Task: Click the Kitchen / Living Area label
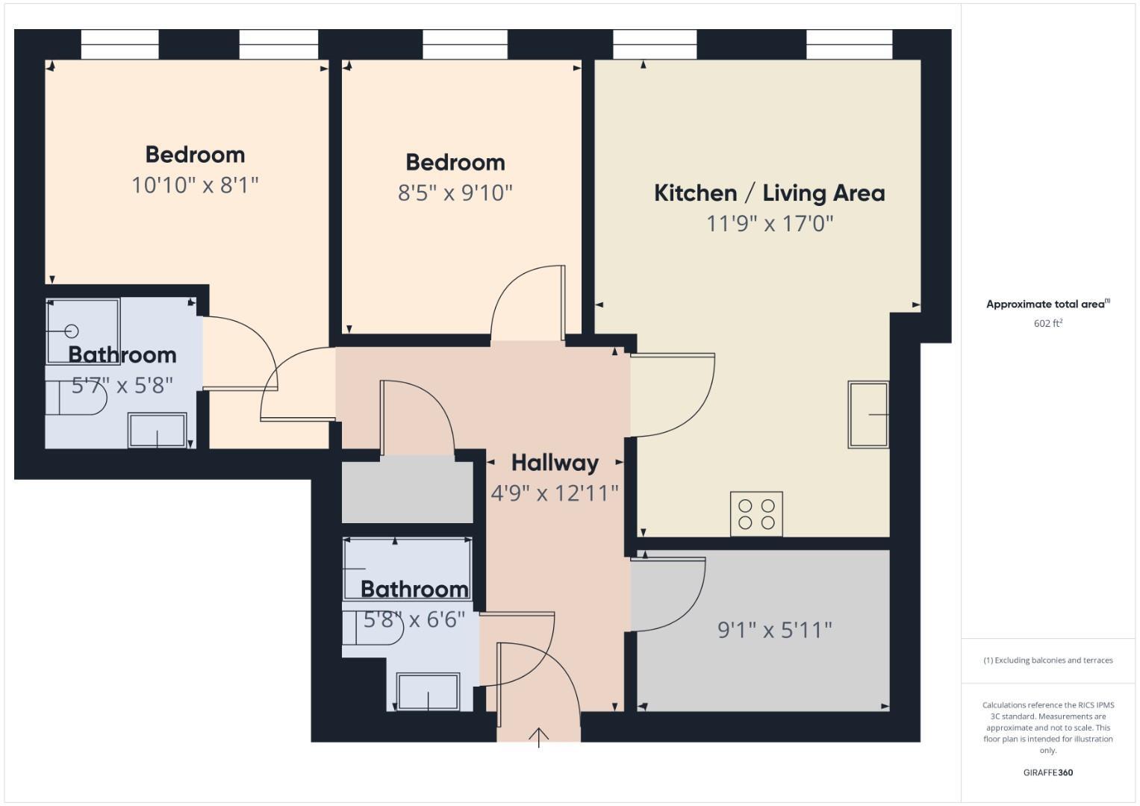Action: (x=769, y=193)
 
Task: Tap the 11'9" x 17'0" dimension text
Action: (x=769, y=223)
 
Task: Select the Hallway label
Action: (x=555, y=463)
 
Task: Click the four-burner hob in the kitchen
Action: (x=756, y=513)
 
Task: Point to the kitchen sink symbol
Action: (x=868, y=414)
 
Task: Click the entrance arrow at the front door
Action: (x=538, y=737)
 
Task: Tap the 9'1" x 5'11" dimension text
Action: (x=774, y=630)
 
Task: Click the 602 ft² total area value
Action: (x=1047, y=323)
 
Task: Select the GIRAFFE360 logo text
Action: (x=1047, y=772)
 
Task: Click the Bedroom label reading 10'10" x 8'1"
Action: (x=195, y=154)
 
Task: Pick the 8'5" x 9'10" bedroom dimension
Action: (x=455, y=193)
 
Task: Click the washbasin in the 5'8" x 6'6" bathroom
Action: (x=429, y=691)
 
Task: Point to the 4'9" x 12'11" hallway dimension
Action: (x=555, y=493)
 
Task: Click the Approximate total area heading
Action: (x=1047, y=304)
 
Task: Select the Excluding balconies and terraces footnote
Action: (x=1047, y=660)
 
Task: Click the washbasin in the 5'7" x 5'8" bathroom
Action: (x=157, y=431)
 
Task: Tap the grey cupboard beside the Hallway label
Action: (x=407, y=493)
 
